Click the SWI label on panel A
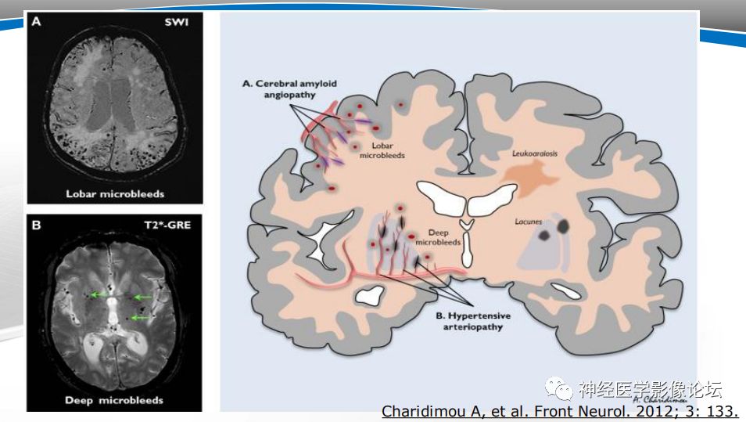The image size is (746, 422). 177,23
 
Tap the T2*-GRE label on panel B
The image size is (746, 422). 167,225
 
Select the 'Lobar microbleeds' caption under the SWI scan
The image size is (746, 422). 115,194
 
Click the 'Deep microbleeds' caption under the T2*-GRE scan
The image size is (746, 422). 114,400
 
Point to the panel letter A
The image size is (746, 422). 36,21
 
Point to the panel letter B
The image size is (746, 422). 36,225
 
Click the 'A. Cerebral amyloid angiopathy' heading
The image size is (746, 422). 290,89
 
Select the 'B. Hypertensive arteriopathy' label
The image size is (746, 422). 473,321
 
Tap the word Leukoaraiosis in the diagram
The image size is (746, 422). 535,153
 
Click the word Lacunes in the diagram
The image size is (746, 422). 529,222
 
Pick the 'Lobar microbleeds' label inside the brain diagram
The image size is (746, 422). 382,150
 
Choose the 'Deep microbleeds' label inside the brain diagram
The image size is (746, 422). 438,237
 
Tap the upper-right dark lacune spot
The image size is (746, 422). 563,226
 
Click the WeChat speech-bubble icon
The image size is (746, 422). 560,388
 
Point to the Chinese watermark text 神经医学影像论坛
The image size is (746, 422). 651,389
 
